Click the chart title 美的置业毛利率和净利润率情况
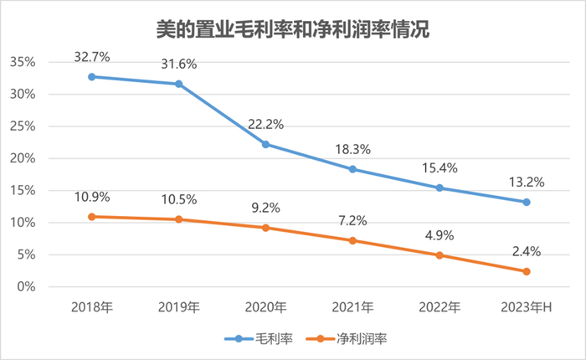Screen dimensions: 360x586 pyautogui.click(x=293, y=30)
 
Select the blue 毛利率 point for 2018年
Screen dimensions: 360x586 pyautogui.click(x=92, y=76)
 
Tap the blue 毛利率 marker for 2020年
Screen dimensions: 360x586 pyautogui.click(x=266, y=144)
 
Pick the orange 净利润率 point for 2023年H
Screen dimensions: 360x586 pyautogui.click(x=527, y=271)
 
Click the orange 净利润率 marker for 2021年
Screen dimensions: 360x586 pyautogui.click(x=352, y=240)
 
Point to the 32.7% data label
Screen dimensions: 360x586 pyautogui.click(x=92, y=56)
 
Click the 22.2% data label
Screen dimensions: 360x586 pyautogui.click(x=266, y=124)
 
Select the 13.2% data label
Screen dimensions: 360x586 pyautogui.click(x=527, y=182)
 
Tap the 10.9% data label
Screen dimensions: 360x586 pyautogui.click(x=92, y=197)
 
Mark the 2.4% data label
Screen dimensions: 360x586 pyautogui.click(x=527, y=250)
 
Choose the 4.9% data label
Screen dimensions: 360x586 pyautogui.click(x=439, y=234)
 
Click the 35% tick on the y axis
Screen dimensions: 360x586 pyautogui.click(x=23, y=63)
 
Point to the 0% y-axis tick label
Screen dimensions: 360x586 pyautogui.click(x=27, y=286)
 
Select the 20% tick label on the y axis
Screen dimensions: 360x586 pyautogui.click(x=23, y=158)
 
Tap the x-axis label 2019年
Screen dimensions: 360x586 pyautogui.click(x=179, y=307)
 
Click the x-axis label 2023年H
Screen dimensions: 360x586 pyautogui.click(x=527, y=307)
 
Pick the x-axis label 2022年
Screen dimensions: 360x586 pyautogui.click(x=439, y=307)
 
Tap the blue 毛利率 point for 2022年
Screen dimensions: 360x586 pyautogui.click(x=439, y=188)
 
